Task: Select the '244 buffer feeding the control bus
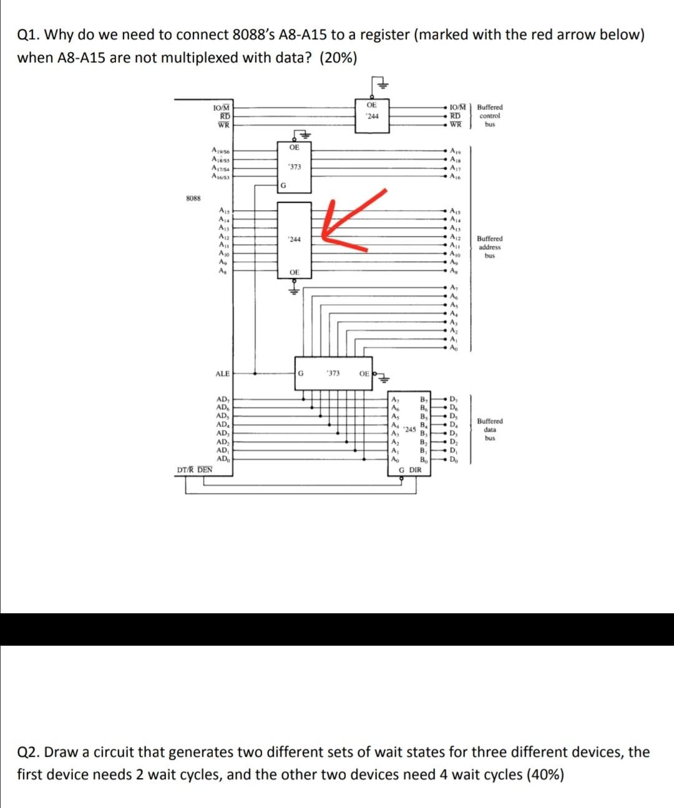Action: coord(372,116)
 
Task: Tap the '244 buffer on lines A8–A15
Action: coord(294,239)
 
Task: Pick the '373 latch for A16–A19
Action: coord(294,167)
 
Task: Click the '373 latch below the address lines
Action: coord(333,373)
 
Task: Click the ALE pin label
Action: coord(222,374)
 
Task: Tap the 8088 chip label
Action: coord(193,198)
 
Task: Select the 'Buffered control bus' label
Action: coord(490,116)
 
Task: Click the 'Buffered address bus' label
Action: coord(490,247)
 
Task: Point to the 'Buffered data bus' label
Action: coord(490,430)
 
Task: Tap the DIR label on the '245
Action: coord(416,470)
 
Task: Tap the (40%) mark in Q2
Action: coord(545,775)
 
